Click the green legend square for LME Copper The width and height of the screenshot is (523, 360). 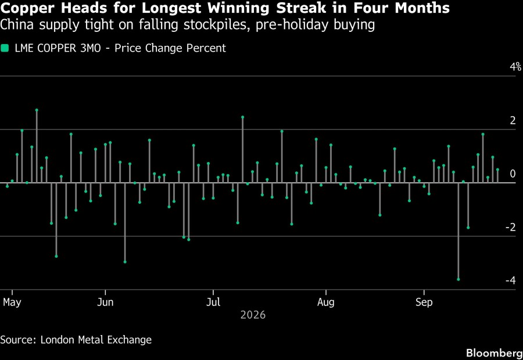(4, 48)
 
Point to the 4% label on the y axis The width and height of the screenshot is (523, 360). (515, 67)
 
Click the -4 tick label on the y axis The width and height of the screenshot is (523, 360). (511, 280)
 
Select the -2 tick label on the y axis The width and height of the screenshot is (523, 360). (511, 227)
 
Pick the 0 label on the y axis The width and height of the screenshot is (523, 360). (513, 174)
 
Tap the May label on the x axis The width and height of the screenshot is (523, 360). (12, 303)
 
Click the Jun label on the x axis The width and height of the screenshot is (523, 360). (105, 303)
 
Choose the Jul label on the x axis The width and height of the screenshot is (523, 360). (213, 303)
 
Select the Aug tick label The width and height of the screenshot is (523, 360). (325, 303)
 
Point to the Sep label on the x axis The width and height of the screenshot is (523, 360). (424, 303)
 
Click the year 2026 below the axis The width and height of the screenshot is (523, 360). (253, 315)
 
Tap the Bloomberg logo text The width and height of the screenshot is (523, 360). (495, 353)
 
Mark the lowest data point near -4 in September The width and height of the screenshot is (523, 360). (458, 279)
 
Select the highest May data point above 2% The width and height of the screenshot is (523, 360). (37, 110)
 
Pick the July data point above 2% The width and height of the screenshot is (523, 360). (242, 117)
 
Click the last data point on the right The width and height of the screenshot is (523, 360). (497, 170)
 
